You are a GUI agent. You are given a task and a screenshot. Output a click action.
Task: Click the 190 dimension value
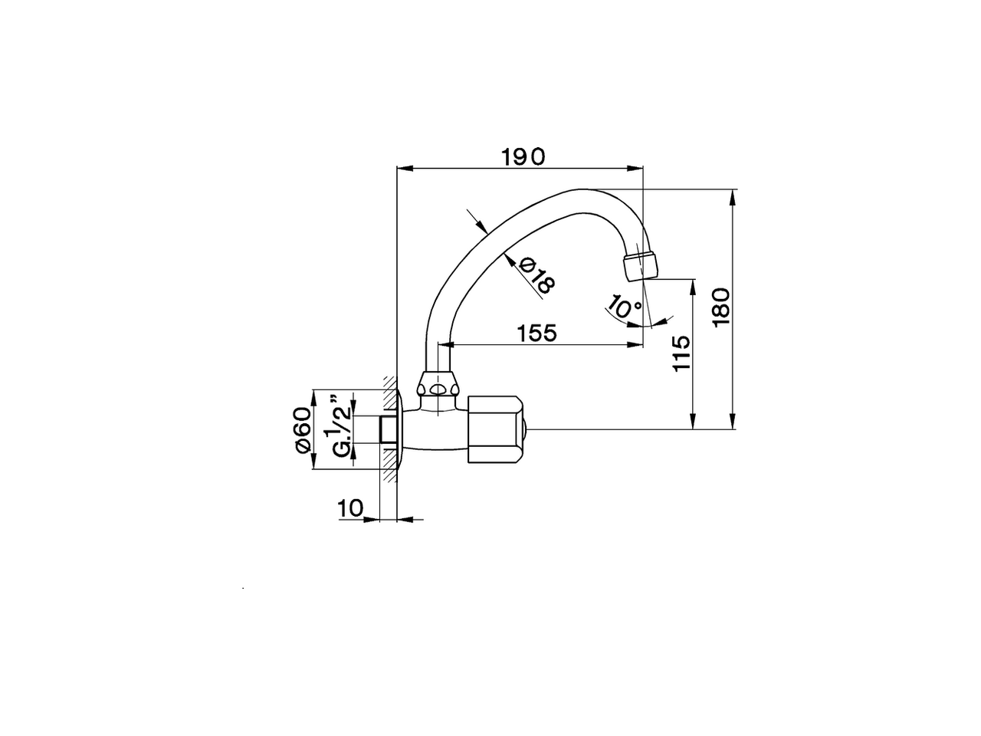point(523,156)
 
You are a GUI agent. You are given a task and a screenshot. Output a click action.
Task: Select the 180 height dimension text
point(722,307)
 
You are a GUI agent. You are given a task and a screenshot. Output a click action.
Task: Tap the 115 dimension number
point(681,353)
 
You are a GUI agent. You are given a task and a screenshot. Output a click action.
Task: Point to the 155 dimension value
point(536,333)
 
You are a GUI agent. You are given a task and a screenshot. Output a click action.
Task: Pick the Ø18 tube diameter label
point(536,275)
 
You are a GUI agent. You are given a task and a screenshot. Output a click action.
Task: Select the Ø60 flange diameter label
point(302,430)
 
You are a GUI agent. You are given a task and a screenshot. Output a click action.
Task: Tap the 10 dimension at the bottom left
point(349,508)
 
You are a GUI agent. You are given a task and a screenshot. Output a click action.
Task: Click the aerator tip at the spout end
point(641,264)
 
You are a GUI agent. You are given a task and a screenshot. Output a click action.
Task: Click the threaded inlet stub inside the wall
point(388,430)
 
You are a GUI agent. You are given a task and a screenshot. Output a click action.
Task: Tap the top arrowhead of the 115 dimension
point(693,286)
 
